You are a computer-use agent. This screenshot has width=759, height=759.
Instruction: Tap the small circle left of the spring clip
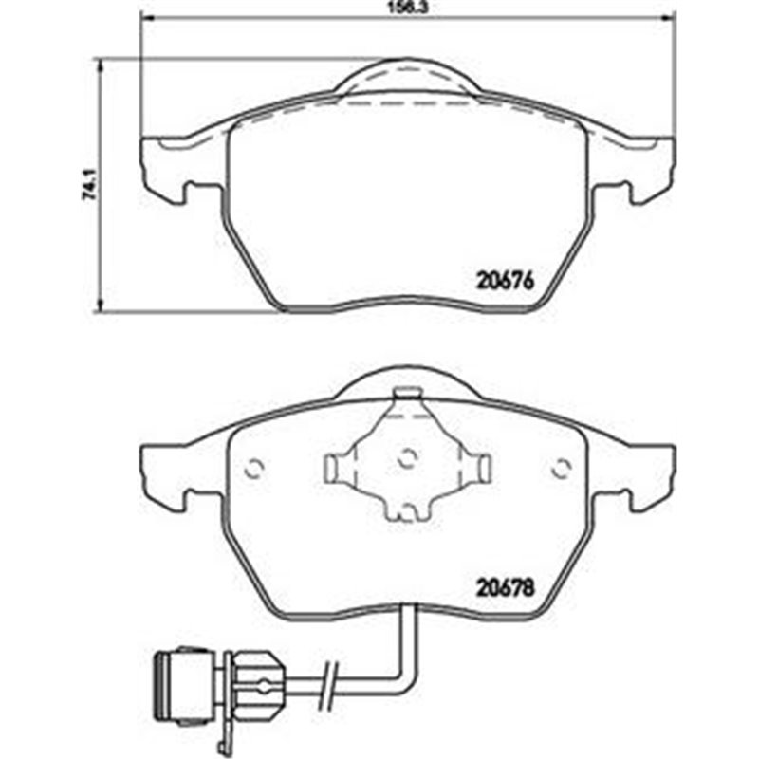[253, 466]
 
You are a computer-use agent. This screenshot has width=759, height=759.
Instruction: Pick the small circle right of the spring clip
[561, 466]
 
